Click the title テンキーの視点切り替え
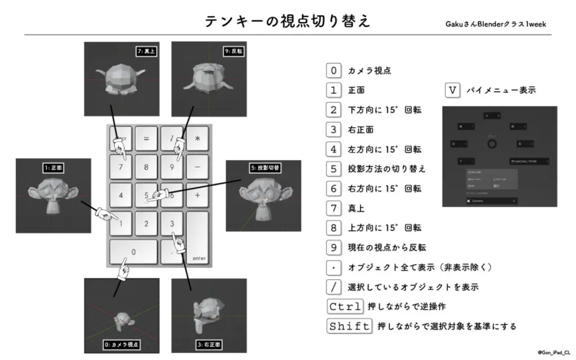[x=287, y=21]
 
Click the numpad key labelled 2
[x=146, y=224]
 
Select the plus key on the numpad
[x=197, y=195]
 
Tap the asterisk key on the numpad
[x=197, y=138]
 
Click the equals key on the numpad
[x=146, y=138]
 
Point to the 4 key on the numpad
[x=121, y=195]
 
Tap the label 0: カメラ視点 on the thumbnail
[x=121, y=344]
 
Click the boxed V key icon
[x=452, y=90]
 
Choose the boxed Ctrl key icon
[x=345, y=307]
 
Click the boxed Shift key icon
[x=349, y=326]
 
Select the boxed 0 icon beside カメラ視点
[x=334, y=70]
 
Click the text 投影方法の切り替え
[x=387, y=169]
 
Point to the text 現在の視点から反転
[x=387, y=247]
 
